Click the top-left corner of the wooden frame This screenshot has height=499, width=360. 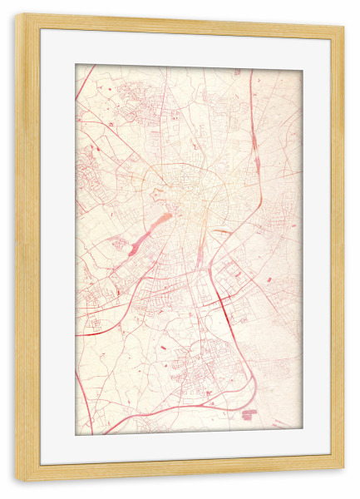tap(16, 15)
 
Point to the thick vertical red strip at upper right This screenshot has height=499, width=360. tap(254, 138)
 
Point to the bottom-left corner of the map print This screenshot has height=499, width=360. tap(76, 434)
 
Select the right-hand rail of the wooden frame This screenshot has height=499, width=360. tap(337, 249)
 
